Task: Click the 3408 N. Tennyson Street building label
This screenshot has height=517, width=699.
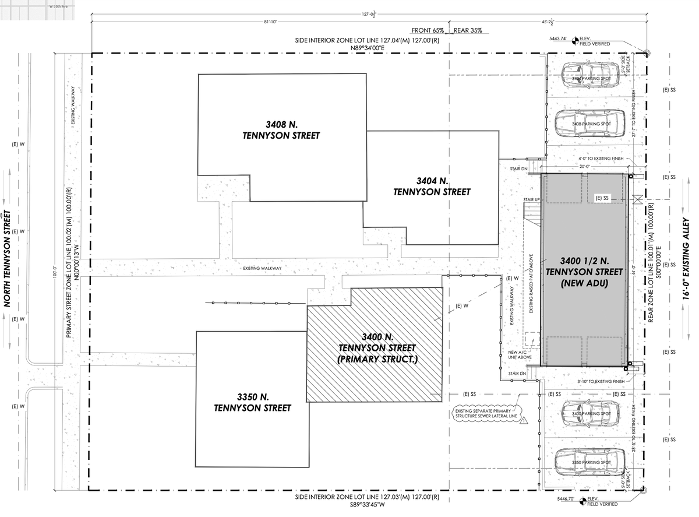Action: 281,130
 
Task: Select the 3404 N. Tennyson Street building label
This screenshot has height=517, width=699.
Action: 432,186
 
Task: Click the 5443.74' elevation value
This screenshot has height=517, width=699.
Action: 557,38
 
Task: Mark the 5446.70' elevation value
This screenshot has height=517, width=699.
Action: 557,500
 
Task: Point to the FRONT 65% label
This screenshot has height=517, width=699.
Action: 428,30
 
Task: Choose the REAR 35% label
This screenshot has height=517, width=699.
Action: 468,30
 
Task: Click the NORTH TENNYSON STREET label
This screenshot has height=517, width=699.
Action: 8,258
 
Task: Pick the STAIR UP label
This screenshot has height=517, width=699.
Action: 531,199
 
